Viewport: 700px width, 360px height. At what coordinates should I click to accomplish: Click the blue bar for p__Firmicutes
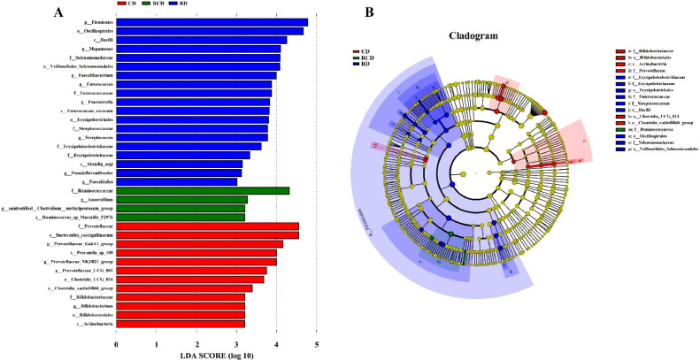click(212, 22)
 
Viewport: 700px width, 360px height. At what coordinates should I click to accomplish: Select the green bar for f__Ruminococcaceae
click(203, 190)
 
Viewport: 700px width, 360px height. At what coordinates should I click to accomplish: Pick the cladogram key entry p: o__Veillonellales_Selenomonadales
click(656, 174)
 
